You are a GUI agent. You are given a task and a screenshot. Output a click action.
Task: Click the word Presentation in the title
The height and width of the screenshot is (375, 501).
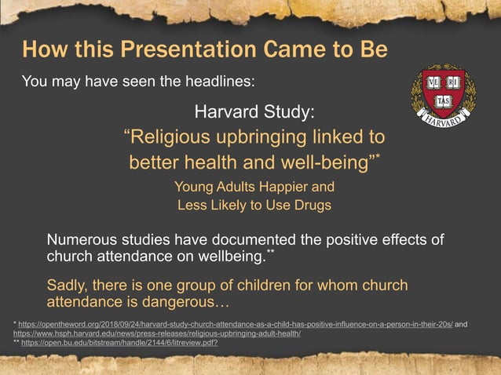(x=166, y=49)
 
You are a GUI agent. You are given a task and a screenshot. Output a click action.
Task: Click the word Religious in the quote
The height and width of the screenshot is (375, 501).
(x=174, y=137)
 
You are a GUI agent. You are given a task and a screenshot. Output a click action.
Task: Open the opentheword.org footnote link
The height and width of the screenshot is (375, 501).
(x=235, y=323)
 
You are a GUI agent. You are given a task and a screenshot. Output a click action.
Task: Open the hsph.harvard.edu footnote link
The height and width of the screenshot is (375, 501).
(x=157, y=333)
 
